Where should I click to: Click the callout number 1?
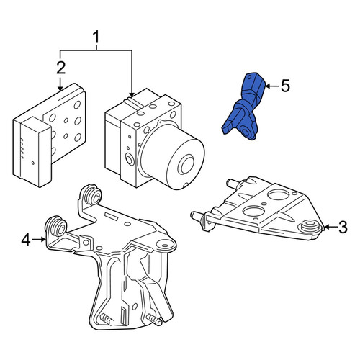96,37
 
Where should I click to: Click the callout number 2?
61,68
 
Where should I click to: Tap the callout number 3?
343,227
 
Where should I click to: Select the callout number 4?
26,240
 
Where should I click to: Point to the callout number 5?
285,86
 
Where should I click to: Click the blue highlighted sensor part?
243,107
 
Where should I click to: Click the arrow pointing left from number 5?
272,86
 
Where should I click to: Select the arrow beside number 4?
39,239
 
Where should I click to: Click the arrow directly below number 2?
60,84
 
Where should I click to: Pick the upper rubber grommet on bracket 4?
93,195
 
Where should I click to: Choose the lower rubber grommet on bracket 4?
56,226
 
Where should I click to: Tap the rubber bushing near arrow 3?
311,226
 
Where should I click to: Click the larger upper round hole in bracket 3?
279,194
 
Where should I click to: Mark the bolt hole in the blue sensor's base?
246,132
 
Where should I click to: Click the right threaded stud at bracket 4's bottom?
154,320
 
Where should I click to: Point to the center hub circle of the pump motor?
186,165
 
